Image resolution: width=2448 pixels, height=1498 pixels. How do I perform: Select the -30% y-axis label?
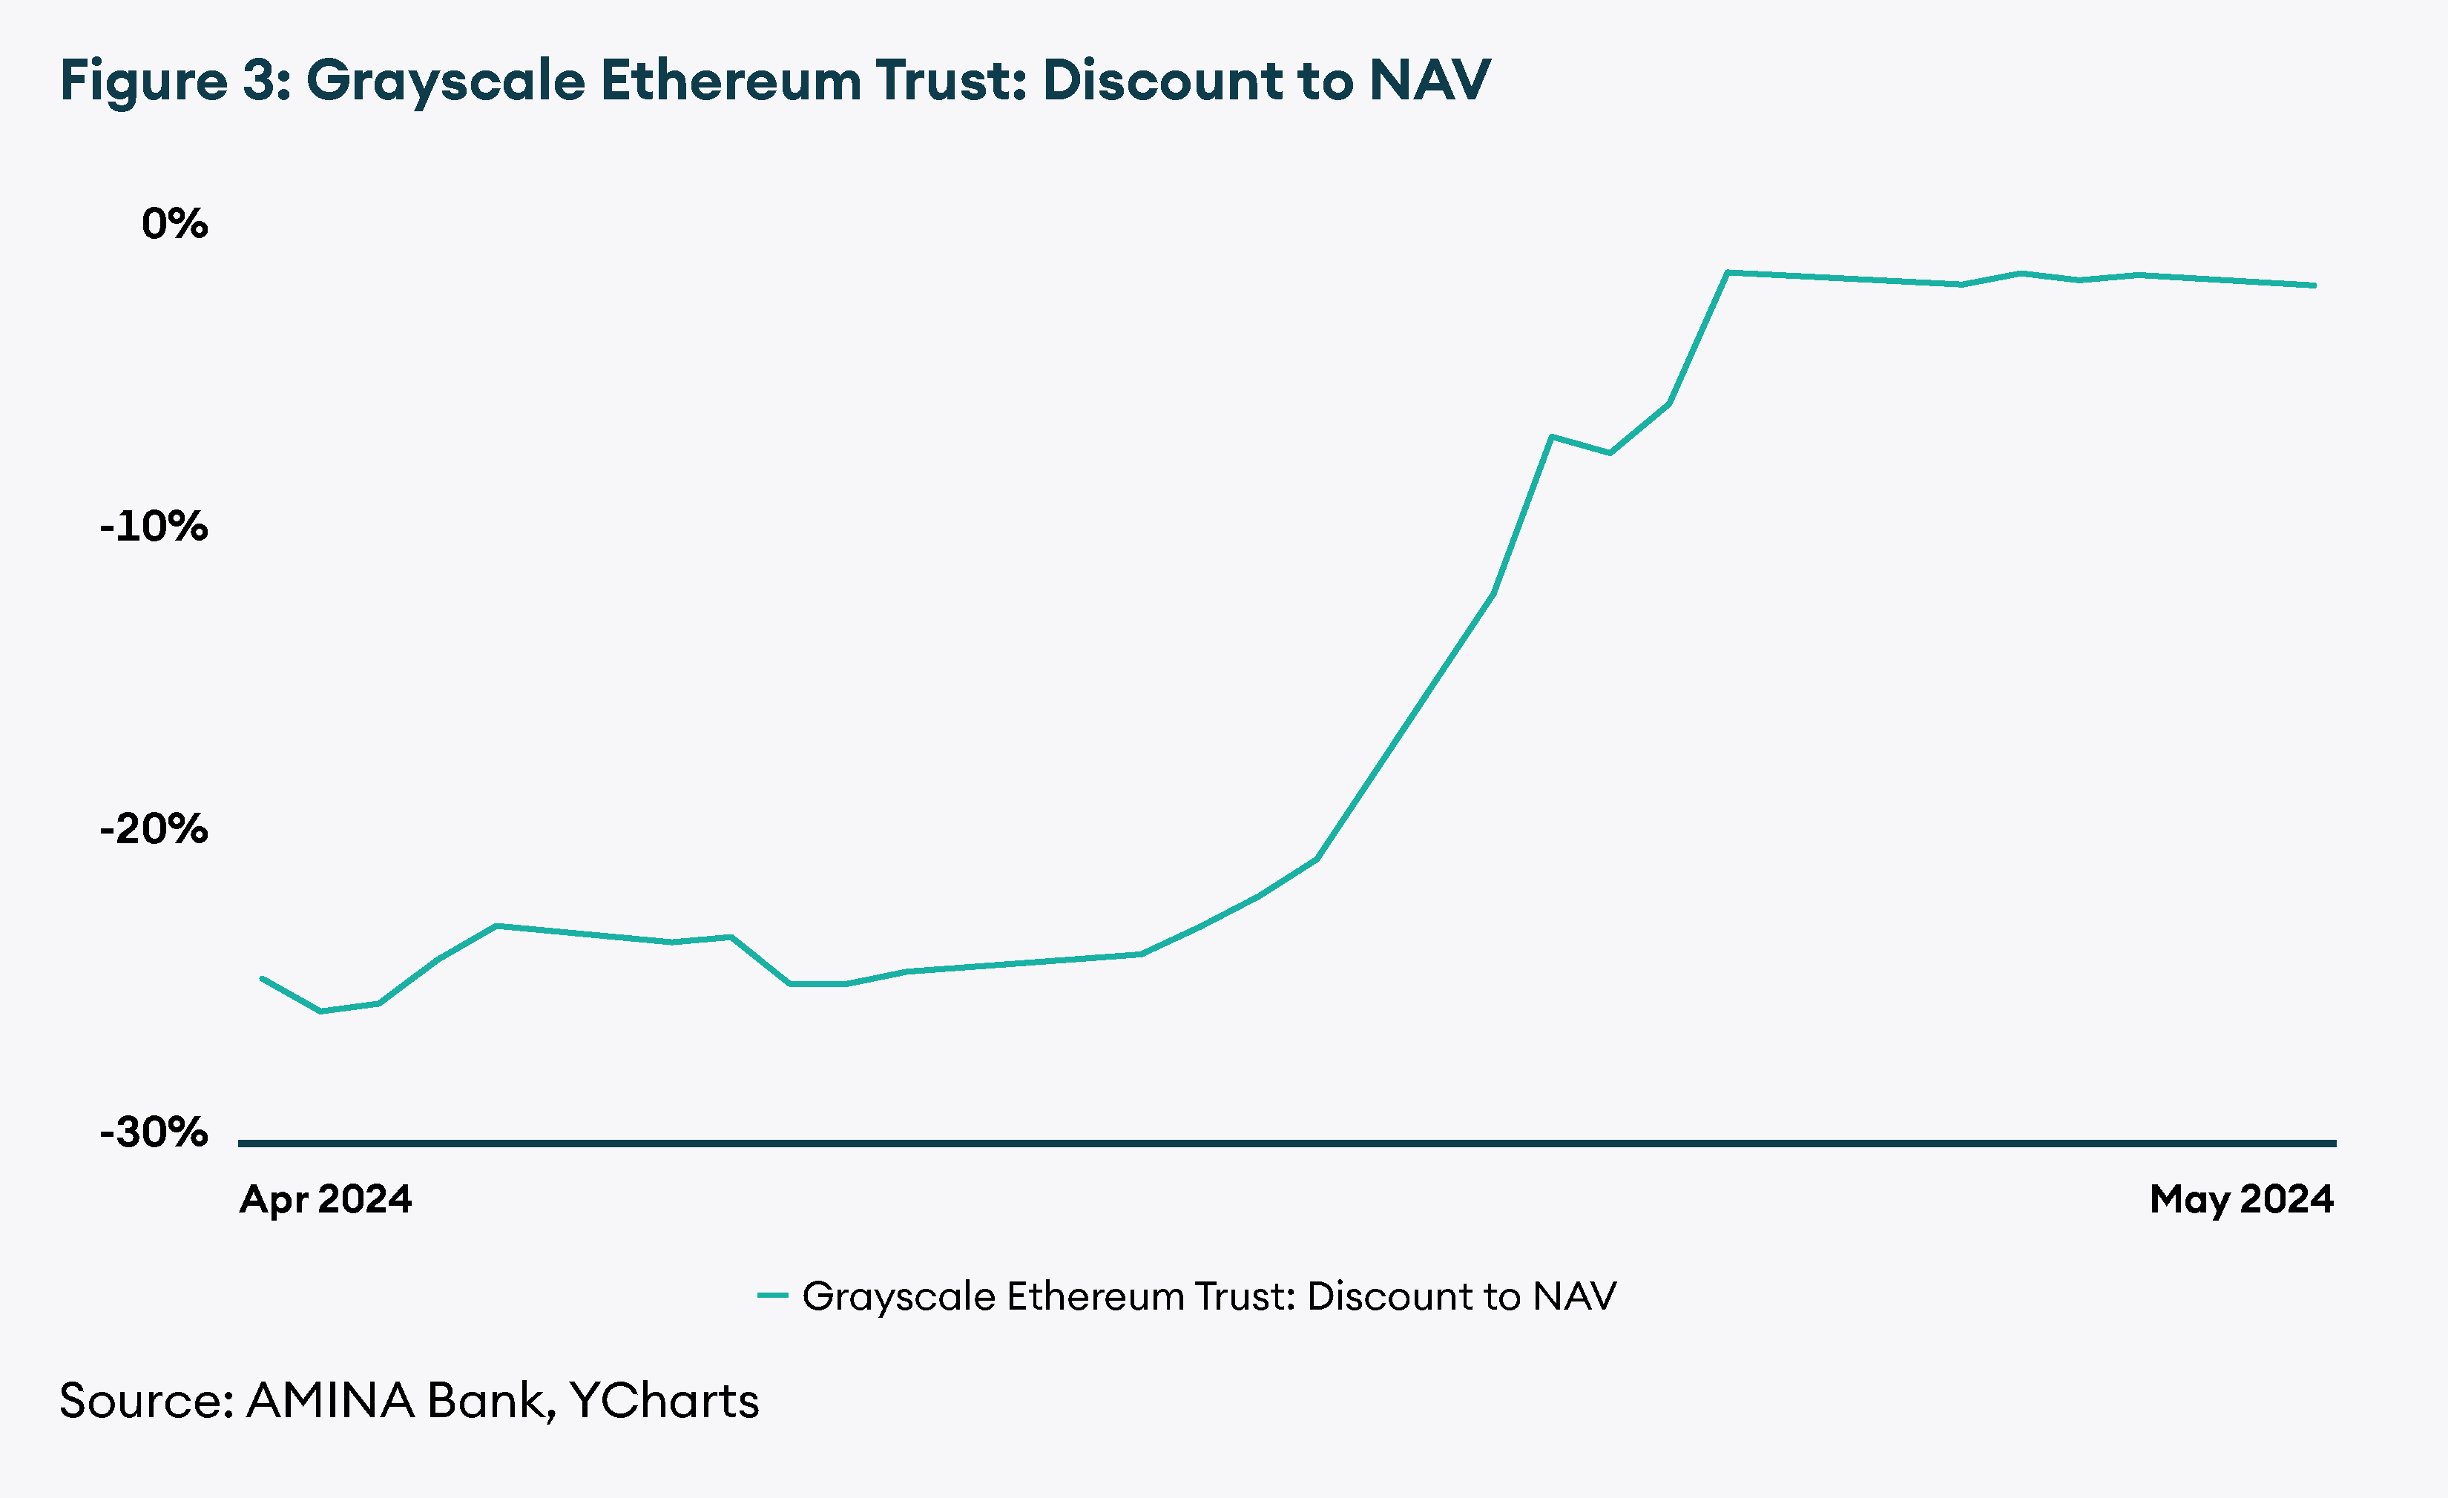coord(154,1132)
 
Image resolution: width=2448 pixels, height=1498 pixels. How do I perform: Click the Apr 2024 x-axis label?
coord(325,1199)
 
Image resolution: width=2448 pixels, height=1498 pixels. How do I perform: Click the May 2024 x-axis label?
coord(2241,1199)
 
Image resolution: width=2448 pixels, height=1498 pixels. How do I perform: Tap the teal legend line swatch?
coord(772,1296)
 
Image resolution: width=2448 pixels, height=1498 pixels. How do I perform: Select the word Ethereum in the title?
coord(730,79)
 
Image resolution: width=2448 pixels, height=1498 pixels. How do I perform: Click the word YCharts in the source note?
coord(664,1401)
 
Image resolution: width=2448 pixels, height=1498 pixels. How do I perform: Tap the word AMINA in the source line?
coord(330,1401)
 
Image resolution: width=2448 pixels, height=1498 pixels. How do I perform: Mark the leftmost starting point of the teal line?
coord(261,978)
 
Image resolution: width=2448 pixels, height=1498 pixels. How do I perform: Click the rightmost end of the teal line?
coord(2315,285)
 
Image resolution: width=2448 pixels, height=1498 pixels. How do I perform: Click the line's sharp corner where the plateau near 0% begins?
coord(1728,271)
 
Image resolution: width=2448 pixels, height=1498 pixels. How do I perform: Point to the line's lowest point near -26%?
coord(320,1012)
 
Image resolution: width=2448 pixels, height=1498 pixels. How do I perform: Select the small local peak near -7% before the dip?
coord(1551,437)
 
